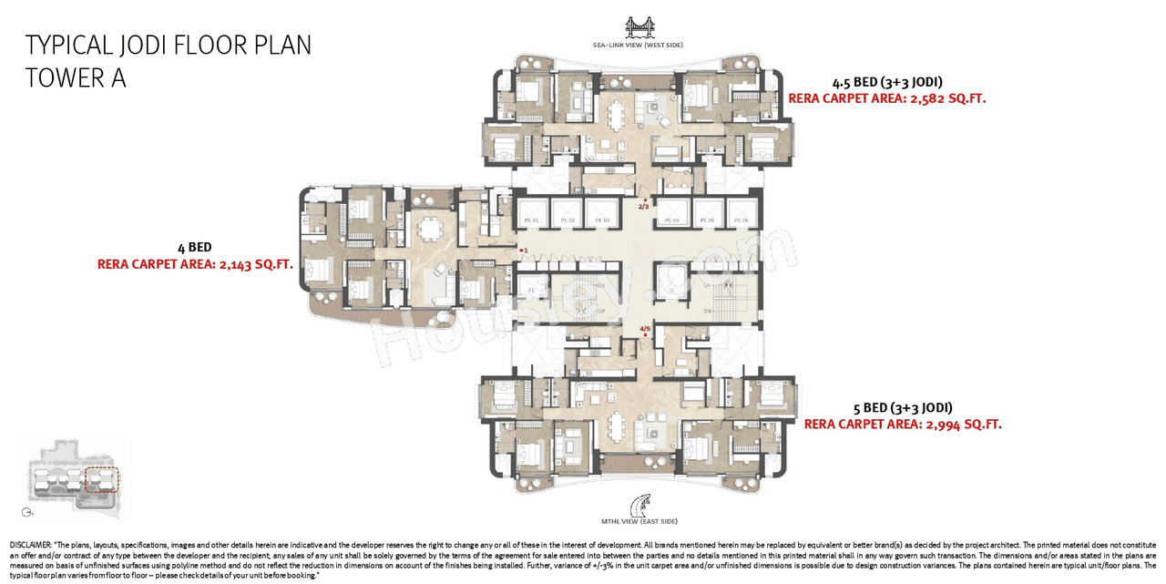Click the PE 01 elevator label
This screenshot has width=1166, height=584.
pyautogui.click(x=532, y=220)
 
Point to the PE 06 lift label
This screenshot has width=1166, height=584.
pyautogui.click(x=741, y=220)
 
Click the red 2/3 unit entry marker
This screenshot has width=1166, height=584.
pyautogui.click(x=644, y=206)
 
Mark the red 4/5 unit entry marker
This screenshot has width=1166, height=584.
pyautogui.click(x=645, y=329)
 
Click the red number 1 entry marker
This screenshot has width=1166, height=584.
pyautogui.click(x=524, y=250)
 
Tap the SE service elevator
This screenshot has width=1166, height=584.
pyautogui.click(x=671, y=283)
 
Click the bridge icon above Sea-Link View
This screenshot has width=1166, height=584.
pyautogui.click(x=638, y=26)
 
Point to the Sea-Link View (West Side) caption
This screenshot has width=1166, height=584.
pyautogui.click(x=638, y=45)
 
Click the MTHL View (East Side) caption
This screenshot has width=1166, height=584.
pyautogui.click(x=639, y=521)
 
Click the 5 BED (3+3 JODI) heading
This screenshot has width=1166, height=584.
pyautogui.click(x=904, y=407)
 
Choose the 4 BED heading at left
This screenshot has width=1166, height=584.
pyautogui.click(x=194, y=247)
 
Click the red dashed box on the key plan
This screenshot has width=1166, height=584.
pyautogui.click(x=101, y=479)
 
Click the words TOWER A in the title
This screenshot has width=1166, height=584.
pyautogui.click(x=76, y=78)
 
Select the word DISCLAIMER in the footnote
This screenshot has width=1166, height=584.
pyautogui.click(x=31, y=544)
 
